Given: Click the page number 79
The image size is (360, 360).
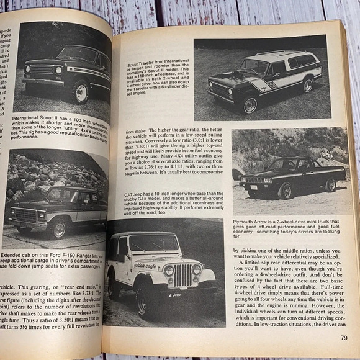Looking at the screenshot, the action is point(343,338).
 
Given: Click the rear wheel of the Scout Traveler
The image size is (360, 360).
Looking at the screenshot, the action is point(308,85).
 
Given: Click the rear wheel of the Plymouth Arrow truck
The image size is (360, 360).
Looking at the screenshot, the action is point(330,184).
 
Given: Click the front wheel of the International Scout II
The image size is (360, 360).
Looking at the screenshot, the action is point(80,92).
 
